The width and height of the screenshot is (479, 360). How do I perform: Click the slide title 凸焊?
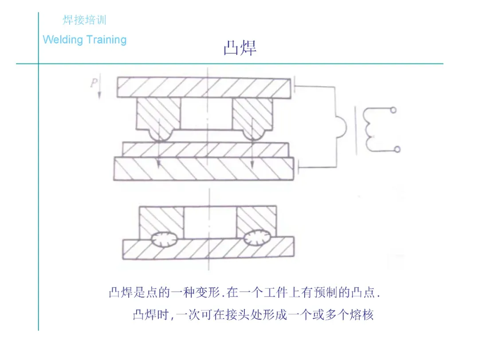pos(240,48)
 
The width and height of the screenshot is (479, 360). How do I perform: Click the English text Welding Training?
pos(84,39)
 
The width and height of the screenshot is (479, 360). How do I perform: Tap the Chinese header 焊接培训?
pos(84,20)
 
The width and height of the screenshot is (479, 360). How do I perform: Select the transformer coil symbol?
pos(369,129)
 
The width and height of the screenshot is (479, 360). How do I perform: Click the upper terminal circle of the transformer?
pos(393,110)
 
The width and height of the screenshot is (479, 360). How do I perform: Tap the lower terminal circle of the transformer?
pos(397,149)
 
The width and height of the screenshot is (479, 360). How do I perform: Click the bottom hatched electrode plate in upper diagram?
pos(204,168)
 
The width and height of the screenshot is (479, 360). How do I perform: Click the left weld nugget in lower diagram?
pos(164,239)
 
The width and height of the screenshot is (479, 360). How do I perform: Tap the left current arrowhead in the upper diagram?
pos(158,165)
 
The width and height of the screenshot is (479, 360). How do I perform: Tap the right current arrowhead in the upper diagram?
pos(251,165)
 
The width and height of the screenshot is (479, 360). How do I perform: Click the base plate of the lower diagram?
pos(208,249)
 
